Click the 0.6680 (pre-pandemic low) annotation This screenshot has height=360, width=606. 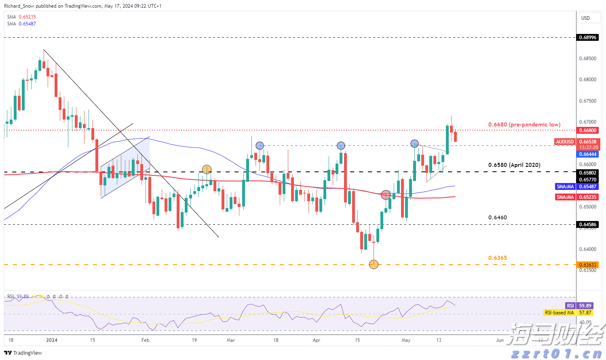click(x=524, y=124)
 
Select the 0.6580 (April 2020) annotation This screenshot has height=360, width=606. click(x=514, y=165)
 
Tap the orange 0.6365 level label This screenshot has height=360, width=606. click(x=497, y=258)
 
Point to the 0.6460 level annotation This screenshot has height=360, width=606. click(x=497, y=217)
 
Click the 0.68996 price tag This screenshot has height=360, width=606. click(x=587, y=37)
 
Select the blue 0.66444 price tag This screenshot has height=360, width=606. click(x=587, y=154)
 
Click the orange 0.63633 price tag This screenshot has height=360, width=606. click(x=587, y=265)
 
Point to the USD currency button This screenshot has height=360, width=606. click(x=585, y=18)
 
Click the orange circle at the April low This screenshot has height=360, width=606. click(x=374, y=265)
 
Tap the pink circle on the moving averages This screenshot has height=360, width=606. click(x=386, y=195)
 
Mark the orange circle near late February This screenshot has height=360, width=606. click(x=207, y=170)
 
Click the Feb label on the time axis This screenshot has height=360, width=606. click(x=146, y=340)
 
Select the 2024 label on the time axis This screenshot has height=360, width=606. click(x=52, y=340)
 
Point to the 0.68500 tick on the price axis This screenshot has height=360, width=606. click(x=587, y=59)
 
